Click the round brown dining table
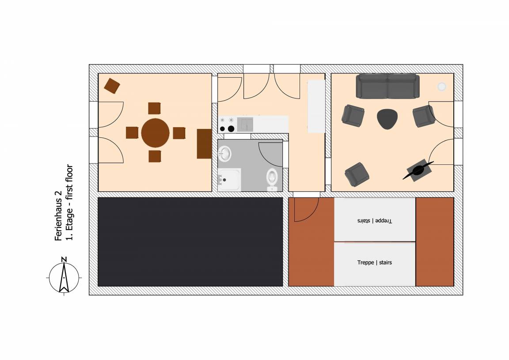155,133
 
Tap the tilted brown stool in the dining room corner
112,86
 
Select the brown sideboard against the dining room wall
204,144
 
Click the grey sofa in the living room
387,86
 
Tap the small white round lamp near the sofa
441,86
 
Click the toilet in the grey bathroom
272,179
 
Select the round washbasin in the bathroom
224,153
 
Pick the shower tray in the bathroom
229,179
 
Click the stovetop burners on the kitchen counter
227,125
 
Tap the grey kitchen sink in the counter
245,124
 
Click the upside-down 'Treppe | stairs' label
374,221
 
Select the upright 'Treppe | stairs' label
374,262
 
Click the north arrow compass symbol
64,276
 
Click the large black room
190,242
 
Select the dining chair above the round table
155,108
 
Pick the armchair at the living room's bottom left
357,174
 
